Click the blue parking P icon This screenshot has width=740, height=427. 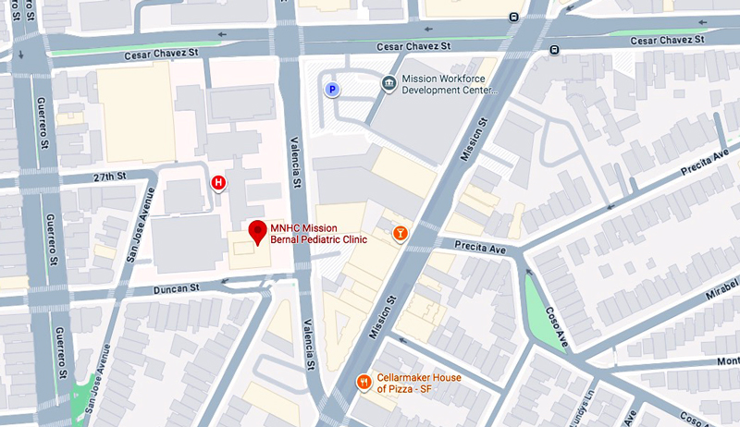pyautogui.click(x=330, y=90)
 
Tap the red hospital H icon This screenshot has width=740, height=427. pyautogui.click(x=218, y=183)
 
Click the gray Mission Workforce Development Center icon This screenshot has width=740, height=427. pyautogui.click(x=389, y=84)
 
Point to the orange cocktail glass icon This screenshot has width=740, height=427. pyautogui.click(x=400, y=234)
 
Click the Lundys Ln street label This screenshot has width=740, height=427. pyautogui.click(x=585, y=407)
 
